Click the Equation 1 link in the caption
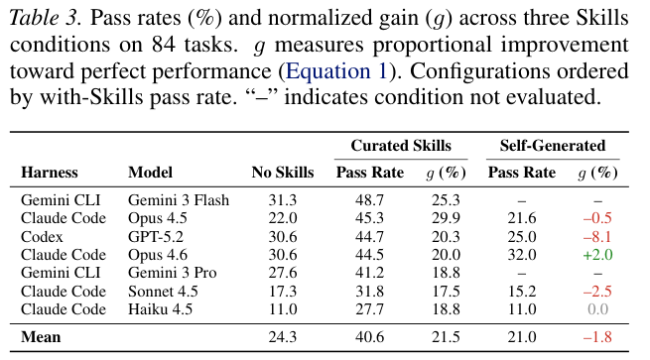point(336,70)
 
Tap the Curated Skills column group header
point(401,146)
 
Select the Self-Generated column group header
point(553,146)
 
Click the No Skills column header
point(283,173)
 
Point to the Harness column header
point(50,173)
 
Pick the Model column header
point(150,173)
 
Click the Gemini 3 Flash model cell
point(179,200)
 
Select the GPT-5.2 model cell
point(156,237)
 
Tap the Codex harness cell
point(42,237)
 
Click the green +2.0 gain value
point(597,255)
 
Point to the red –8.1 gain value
point(597,237)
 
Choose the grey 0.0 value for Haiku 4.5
point(597,309)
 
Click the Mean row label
point(41,337)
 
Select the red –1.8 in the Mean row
point(597,337)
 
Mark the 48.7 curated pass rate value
point(369,200)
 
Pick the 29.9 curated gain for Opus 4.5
point(446,218)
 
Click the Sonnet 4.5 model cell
point(163,292)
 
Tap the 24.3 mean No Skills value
point(283,337)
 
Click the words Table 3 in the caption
point(46,18)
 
